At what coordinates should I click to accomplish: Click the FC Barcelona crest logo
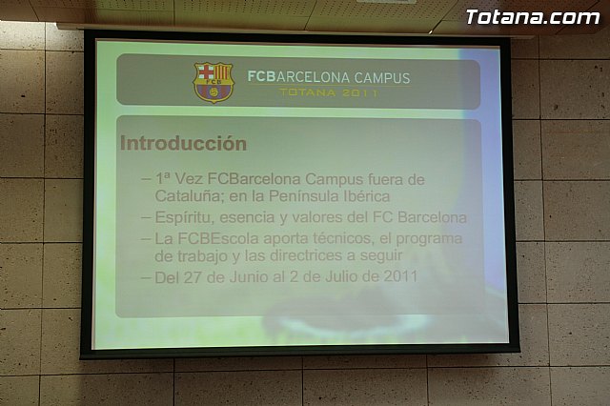213,82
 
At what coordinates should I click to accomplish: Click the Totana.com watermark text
532,17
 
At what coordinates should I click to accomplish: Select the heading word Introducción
183,144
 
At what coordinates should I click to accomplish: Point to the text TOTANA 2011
329,93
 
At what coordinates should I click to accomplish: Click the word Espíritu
184,217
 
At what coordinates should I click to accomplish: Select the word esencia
253,217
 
